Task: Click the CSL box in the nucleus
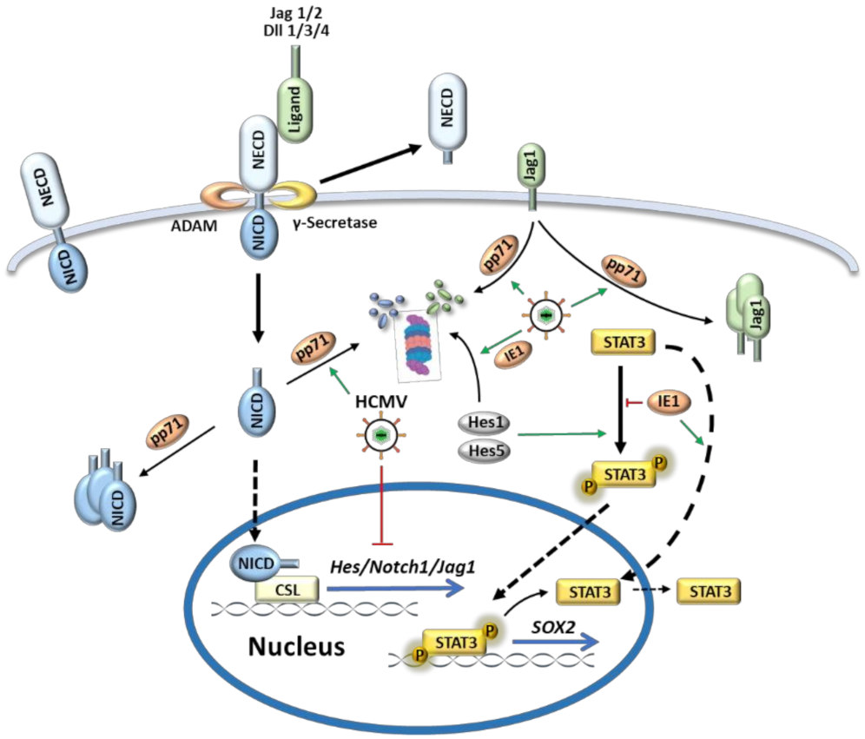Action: click(x=288, y=592)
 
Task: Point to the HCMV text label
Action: click(x=380, y=403)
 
